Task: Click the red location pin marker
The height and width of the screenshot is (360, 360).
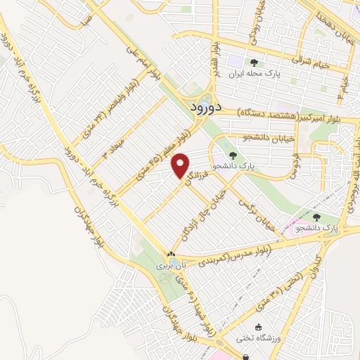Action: pyautogui.click(x=181, y=165)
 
